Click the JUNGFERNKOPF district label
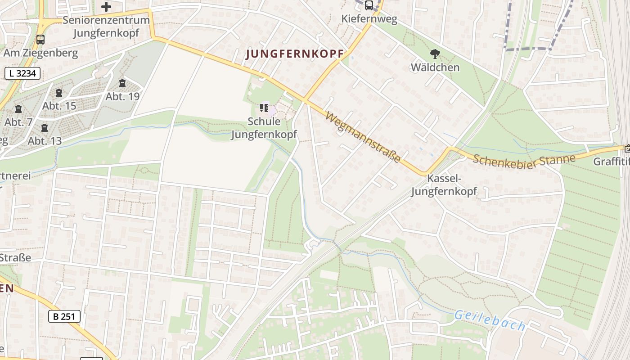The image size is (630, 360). pos(295,54)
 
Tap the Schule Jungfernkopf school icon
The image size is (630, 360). pos(264,108)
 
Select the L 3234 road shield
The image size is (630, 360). pos(22,73)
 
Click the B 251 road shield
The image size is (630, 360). pos(64,316)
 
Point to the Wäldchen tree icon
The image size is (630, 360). pos(435,54)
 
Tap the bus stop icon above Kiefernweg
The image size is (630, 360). pos(369,5)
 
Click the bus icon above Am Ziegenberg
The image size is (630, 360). pos(40,40)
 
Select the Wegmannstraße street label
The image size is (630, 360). pos(363,138)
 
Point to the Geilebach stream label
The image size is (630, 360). pos(490,320)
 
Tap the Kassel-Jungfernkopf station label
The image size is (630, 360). pos(444,185)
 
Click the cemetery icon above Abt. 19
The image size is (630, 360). pos(122,83)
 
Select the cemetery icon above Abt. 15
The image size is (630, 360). pos(59,93)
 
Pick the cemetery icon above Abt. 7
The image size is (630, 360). pos(18,109)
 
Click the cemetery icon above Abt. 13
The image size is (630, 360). pos(44,128)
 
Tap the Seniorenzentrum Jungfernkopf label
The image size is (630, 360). pos(106,27)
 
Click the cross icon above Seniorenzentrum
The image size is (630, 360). pos(106,7)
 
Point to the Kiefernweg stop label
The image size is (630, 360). pos(369,19)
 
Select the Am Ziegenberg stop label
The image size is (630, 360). pos(40,53)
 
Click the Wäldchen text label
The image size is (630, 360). pos(435,67)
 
